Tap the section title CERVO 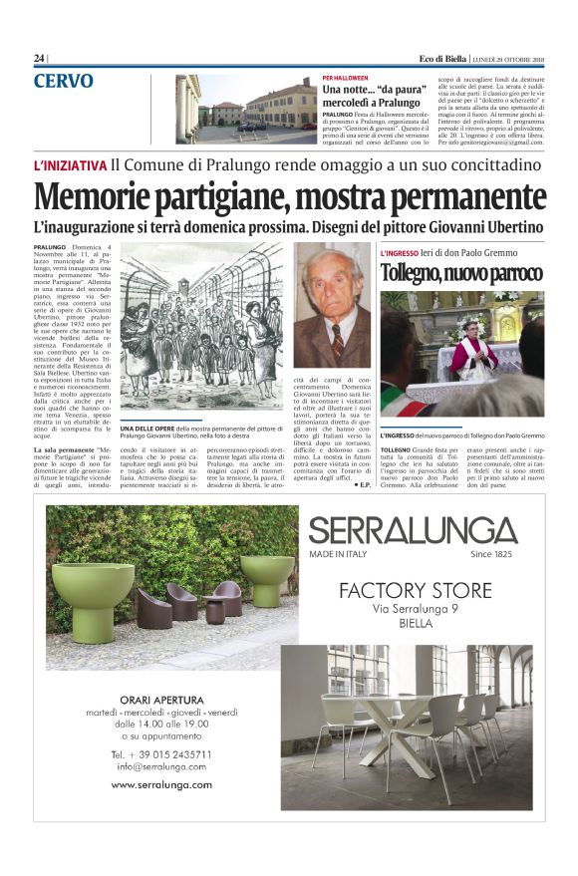tap(64, 81)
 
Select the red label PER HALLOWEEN tap(345, 78)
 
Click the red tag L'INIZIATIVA tap(69, 165)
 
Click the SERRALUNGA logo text tap(413, 529)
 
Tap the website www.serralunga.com tap(161, 784)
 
